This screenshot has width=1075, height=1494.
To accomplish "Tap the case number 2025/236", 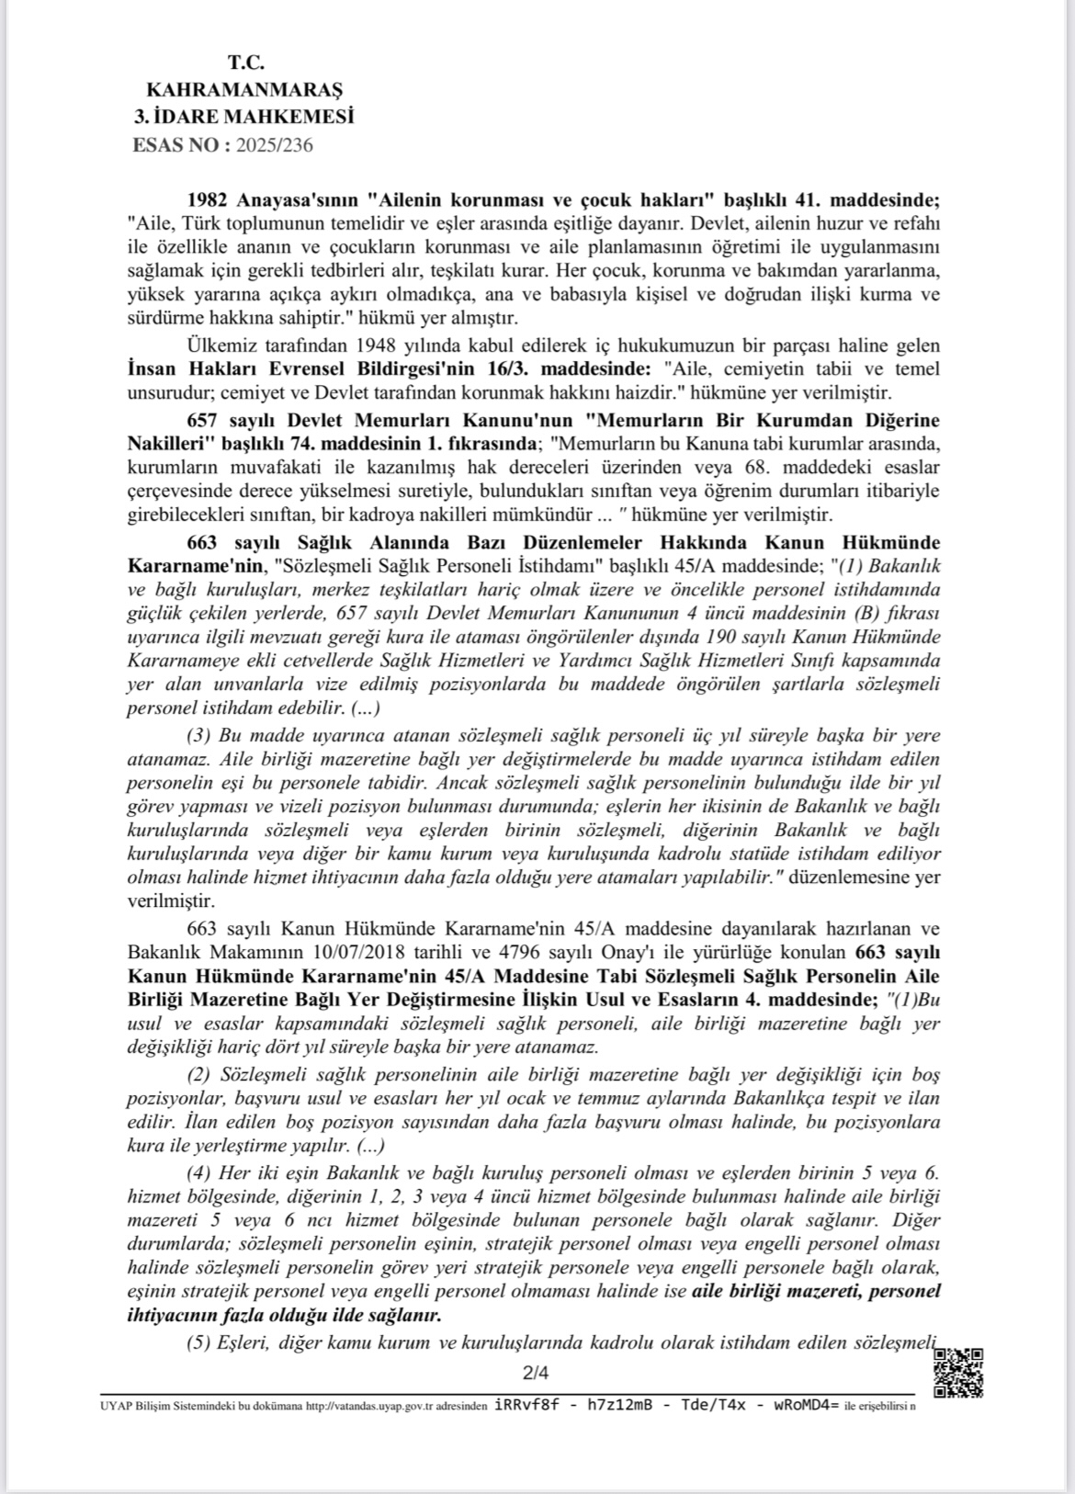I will (275, 145).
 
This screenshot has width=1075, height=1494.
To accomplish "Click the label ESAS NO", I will (176, 145).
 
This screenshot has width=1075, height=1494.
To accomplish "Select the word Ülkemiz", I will (216, 346).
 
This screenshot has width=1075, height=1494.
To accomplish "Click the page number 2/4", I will (535, 1374).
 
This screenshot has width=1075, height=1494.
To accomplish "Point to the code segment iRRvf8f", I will (526, 1405).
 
